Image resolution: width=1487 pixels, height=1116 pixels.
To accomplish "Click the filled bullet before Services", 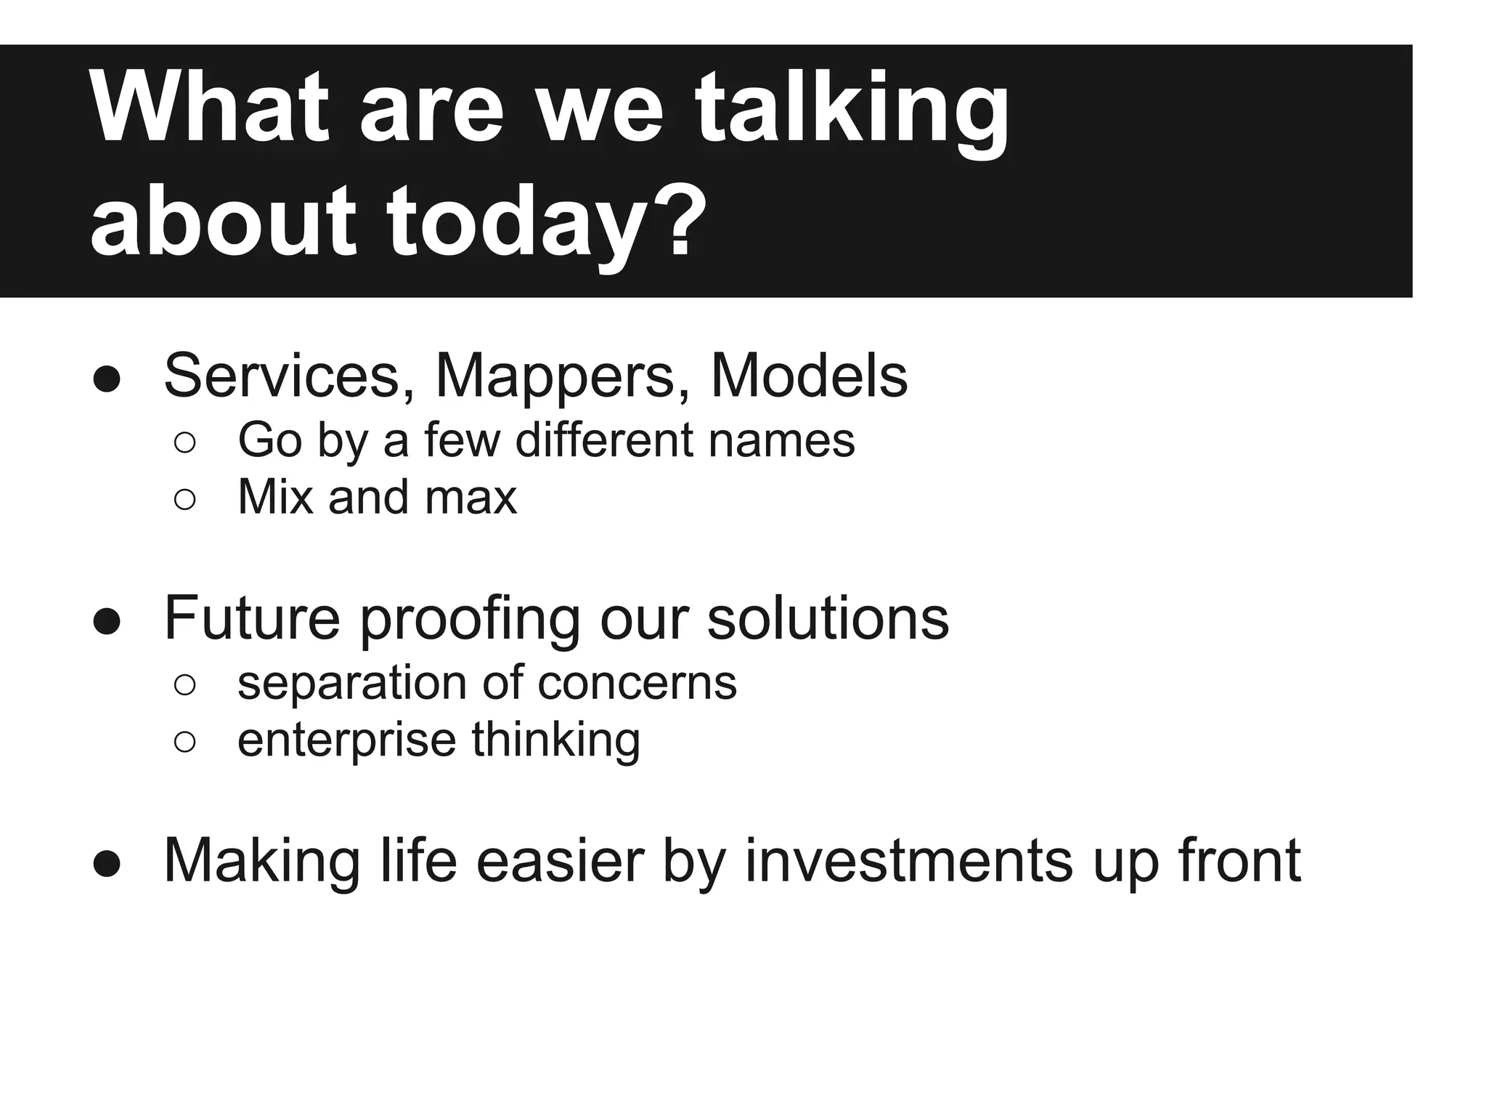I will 107,379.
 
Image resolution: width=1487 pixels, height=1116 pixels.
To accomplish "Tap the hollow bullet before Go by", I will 184,442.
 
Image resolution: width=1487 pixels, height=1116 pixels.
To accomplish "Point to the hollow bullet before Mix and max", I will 184,499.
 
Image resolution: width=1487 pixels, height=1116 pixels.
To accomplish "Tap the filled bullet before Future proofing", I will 107,620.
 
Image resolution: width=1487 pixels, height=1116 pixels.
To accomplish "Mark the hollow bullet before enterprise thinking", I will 184,742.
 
